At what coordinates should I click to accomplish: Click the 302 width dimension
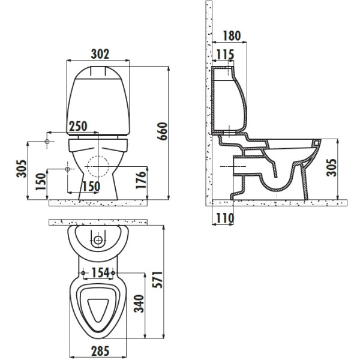point(100,53)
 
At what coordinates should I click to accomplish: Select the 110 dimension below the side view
point(224,218)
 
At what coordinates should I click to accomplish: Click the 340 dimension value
point(137,304)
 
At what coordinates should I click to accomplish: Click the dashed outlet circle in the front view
point(98,166)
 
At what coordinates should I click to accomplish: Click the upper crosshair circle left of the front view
point(49,142)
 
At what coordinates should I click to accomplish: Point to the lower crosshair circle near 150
point(68,170)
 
